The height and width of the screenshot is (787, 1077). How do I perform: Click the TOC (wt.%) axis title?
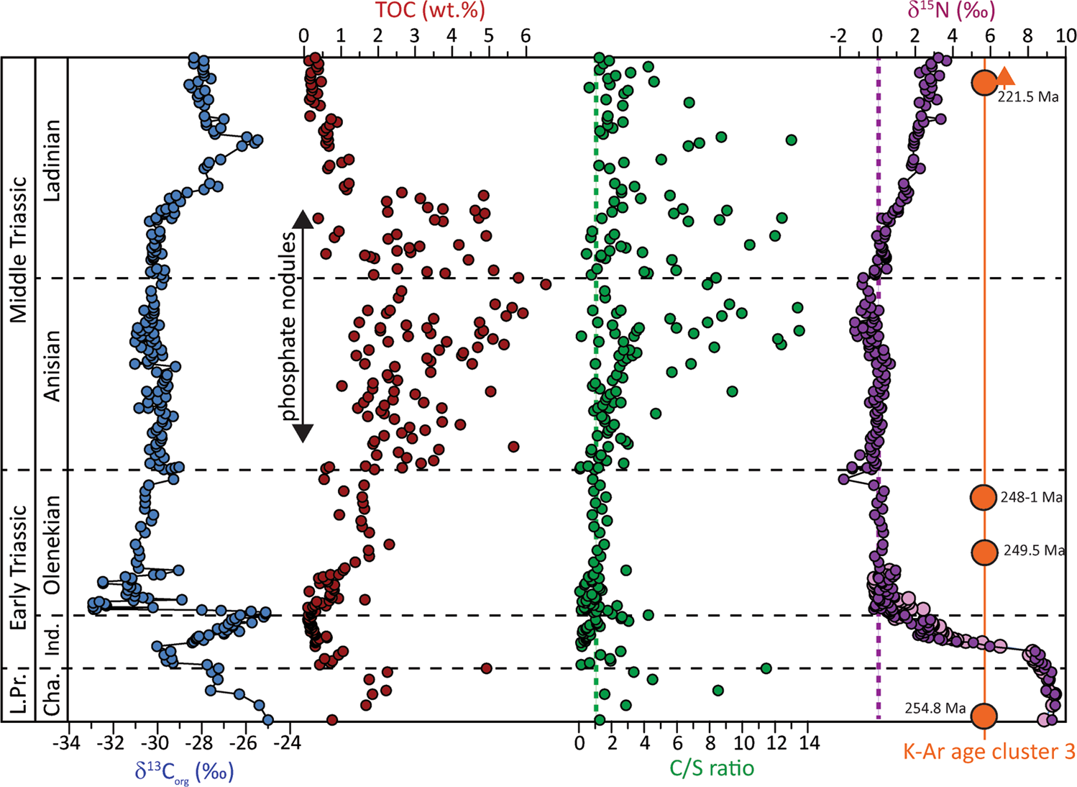coord(429,11)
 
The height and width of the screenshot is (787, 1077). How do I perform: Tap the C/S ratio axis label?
coord(712,768)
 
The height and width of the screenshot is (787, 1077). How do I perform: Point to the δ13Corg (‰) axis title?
coord(184,771)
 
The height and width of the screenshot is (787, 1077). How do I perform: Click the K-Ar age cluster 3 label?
coord(989,752)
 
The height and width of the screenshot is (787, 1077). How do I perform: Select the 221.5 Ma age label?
coord(1028,97)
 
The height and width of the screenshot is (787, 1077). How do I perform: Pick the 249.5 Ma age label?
coord(1034,551)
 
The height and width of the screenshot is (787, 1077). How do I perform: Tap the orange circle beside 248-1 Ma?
coord(984,497)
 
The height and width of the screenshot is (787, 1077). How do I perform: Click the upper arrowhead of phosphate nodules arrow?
coord(303,218)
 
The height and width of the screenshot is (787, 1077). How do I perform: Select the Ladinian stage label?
coord(52,160)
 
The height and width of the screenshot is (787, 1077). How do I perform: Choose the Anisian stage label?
coord(52,366)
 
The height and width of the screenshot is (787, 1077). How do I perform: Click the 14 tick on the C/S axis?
coord(809,742)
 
